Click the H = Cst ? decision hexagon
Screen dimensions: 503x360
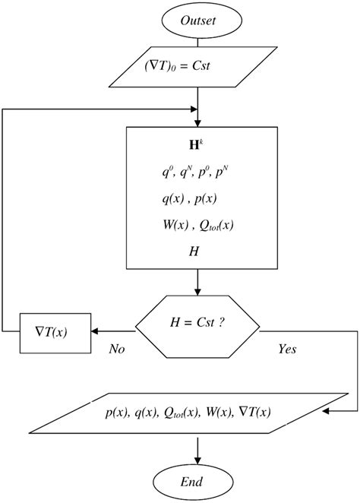[x=197, y=331]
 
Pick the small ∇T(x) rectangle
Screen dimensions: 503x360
[x=55, y=331]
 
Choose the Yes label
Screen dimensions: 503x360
[x=287, y=350]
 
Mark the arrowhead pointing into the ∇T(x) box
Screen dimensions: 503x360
[x=96, y=331]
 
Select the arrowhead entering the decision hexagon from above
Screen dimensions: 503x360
[x=197, y=292]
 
